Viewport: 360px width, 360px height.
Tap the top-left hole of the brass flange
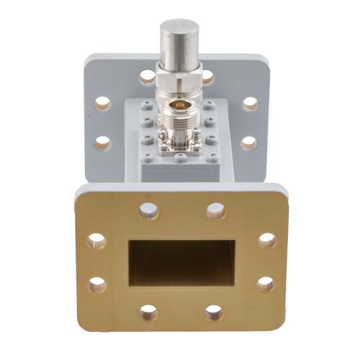148,210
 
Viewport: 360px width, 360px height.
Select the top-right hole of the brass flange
215,211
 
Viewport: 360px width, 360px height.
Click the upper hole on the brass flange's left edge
96,240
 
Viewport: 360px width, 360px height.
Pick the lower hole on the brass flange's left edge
96,284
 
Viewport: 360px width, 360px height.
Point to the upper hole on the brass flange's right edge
266,240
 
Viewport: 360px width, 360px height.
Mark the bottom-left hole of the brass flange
148,312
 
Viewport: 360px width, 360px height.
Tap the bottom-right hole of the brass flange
214,312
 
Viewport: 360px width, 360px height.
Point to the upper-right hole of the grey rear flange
250,104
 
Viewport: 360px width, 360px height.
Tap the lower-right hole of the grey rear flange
249,142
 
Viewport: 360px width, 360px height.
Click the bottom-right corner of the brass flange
284,330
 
